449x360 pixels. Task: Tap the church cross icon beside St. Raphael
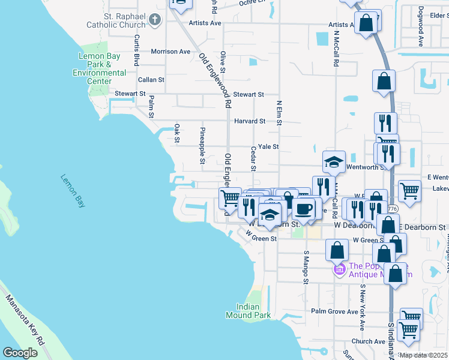(x=155, y=20)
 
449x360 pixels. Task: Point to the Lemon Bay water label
(x=73, y=191)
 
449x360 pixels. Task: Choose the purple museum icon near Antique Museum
(x=339, y=269)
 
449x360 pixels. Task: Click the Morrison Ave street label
(x=170, y=52)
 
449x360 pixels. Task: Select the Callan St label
(x=151, y=80)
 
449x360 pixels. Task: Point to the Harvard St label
(x=250, y=121)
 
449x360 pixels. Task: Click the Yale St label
(x=268, y=147)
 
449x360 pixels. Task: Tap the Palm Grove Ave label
(x=335, y=311)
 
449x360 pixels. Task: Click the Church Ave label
(x=368, y=341)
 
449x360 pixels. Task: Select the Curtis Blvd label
(x=137, y=50)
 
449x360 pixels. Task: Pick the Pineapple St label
(x=202, y=145)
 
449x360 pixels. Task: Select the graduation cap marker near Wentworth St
(x=334, y=162)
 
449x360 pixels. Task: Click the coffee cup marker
(x=304, y=209)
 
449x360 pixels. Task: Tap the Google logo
(x=20, y=352)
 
